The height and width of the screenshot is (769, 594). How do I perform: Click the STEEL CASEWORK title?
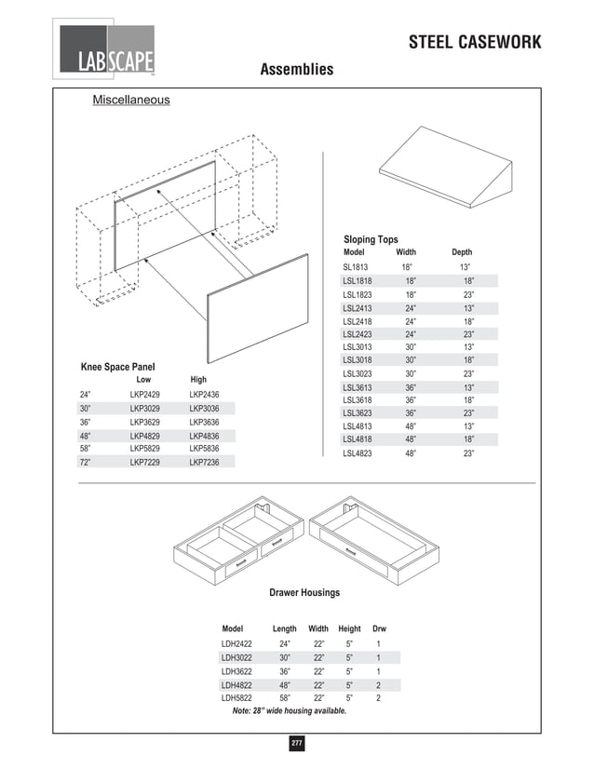click(x=475, y=44)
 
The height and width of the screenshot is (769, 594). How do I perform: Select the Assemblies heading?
click(x=296, y=70)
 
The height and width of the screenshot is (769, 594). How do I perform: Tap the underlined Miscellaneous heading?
click(x=130, y=100)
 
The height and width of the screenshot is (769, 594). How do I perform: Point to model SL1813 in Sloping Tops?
click(x=356, y=267)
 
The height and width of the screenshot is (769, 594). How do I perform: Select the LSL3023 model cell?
click(x=358, y=374)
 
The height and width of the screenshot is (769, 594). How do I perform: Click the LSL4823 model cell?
click(x=358, y=453)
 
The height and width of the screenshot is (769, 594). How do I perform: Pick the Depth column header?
click(x=462, y=252)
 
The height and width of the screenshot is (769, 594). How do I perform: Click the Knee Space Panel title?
click(x=117, y=367)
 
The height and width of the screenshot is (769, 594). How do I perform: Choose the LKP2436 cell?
click(x=204, y=395)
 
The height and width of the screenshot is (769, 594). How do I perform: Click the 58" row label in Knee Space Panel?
click(x=85, y=449)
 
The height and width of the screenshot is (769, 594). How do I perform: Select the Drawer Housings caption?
click(x=304, y=593)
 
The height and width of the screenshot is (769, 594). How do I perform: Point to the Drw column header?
click(x=379, y=629)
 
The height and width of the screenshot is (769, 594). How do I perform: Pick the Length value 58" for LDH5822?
click(x=285, y=697)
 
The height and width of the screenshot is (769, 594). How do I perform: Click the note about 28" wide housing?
click(x=289, y=710)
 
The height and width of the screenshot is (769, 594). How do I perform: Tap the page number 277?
click(x=297, y=744)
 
